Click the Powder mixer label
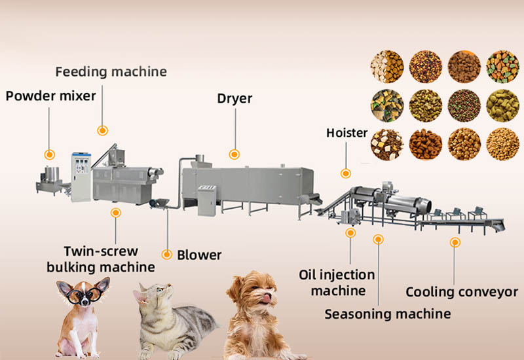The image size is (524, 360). [50, 96]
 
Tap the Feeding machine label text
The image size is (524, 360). [111, 71]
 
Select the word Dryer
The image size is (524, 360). [234, 99]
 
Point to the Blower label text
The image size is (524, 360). [199, 255]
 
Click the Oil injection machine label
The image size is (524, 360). [337, 282]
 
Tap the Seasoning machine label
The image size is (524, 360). [388, 314]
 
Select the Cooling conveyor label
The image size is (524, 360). [462, 292]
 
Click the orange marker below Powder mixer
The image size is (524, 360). [49, 155]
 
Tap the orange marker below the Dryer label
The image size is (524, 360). [234, 154]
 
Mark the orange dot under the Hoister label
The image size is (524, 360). [345, 173]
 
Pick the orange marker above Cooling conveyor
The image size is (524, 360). [454, 242]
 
